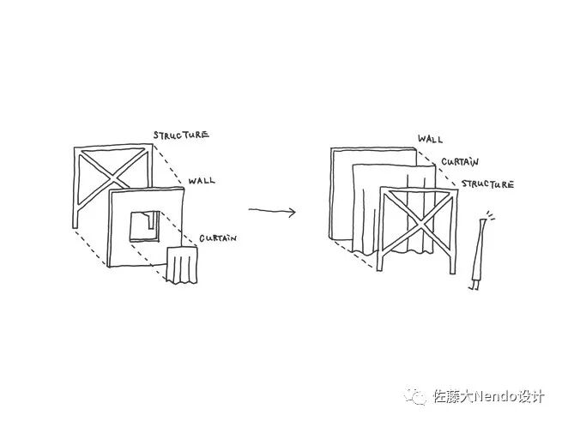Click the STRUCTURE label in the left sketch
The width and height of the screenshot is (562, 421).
pos(180,135)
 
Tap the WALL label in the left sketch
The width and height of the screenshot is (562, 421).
pos(202,181)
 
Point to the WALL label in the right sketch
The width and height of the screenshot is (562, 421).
pos(430,139)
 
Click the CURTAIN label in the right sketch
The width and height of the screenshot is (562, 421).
pos(460,161)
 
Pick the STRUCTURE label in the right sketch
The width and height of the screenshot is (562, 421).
pos(487,183)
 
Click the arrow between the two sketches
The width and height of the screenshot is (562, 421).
pos(272,210)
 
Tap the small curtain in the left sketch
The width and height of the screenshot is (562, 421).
pos(182,265)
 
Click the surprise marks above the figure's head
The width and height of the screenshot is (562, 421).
pos(489,214)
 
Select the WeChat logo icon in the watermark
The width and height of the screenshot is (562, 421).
pos(417,396)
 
